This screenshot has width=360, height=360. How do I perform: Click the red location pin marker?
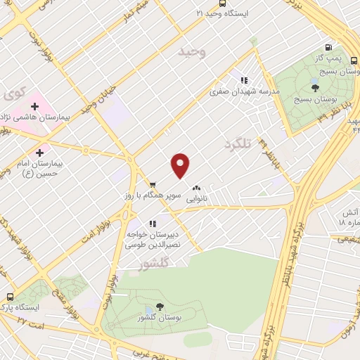click(x=181, y=166)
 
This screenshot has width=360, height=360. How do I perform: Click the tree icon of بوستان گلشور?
click(x=159, y=307)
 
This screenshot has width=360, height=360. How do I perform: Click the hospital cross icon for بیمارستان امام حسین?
click(x=39, y=152)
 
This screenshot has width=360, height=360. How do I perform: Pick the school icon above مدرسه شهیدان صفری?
click(x=244, y=80)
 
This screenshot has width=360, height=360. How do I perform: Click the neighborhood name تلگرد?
click(x=238, y=144)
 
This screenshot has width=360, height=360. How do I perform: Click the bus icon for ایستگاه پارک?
click(x=10, y=297)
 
